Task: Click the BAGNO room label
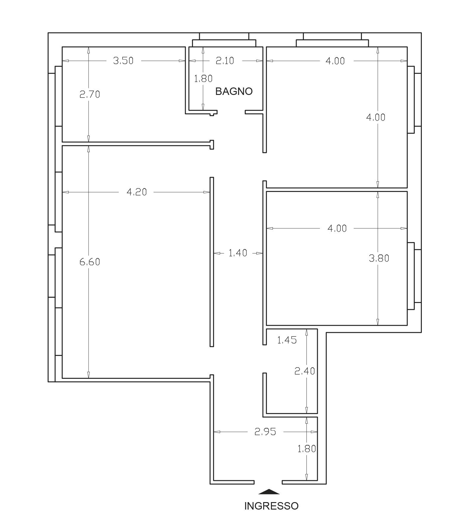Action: [234, 91]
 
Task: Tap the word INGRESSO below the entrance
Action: [271, 506]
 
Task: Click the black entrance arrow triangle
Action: [269, 492]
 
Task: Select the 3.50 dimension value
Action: [123, 61]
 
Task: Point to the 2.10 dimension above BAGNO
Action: [225, 61]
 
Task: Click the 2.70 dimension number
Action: [90, 94]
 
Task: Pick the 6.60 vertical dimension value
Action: [90, 262]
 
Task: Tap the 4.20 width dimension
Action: [137, 192]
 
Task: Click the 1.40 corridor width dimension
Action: [238, 253]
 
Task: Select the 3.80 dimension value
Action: [379, 258]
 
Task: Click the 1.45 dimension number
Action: [287, 340]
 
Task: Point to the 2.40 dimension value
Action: [305, 371]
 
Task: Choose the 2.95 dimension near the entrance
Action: [265, 432]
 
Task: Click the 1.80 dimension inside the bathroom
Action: [203, 79]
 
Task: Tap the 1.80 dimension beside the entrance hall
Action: [307, 449]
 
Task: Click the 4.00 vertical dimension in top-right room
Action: [376, 117]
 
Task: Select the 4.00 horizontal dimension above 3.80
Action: [337, 228]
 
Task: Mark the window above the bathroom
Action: [224, 40]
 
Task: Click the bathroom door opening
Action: [231, 112]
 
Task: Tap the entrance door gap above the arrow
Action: [268, 482]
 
